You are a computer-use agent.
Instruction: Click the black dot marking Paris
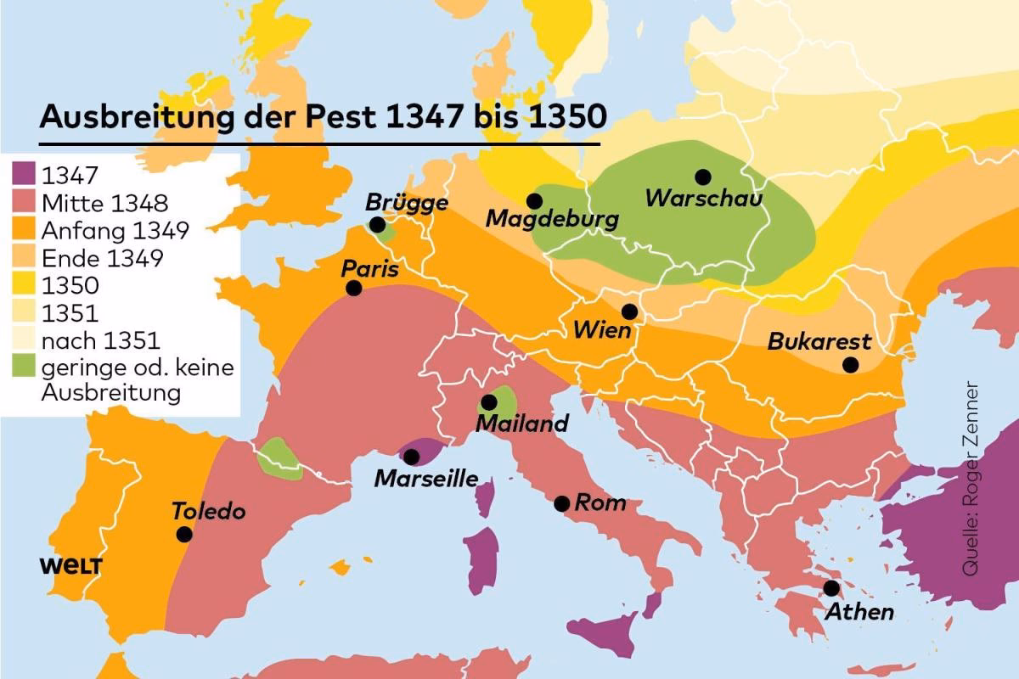[354, 289]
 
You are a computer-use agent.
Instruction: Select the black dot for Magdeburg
[534, 201]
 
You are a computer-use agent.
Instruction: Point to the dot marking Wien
[629, 311]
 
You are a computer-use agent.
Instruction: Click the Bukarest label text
[819, 341]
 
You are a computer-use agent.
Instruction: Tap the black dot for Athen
[830, 588]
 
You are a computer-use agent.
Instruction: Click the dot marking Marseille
[412, 457]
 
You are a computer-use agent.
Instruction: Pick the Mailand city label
[522, 423]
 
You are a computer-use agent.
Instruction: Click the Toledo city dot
[184, 534]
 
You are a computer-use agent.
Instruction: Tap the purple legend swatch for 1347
[23, 176]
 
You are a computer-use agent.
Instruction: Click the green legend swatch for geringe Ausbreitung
[23, 368]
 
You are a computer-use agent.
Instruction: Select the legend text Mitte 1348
[104, 203]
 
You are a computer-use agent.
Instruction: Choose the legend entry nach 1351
[100, 340]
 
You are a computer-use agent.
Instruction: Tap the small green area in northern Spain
[279, 458]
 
